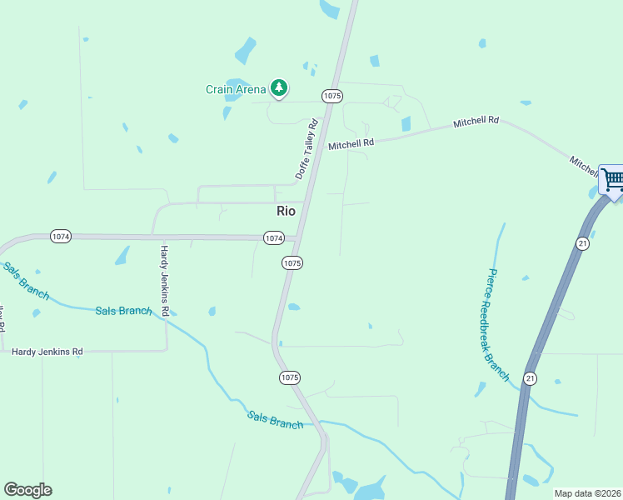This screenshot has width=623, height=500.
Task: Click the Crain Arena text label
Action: pyautogui.click(x=236, y=89)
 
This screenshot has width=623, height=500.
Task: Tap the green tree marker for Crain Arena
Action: pyautogui.click(x=279, y=87)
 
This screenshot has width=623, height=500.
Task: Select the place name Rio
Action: pyautogui.click(x=286, y=211)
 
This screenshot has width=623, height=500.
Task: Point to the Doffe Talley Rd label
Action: pyautogui.click(x=307, y=149)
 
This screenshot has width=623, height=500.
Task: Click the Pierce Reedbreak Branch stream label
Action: pyautogui.click(x=498, y=324)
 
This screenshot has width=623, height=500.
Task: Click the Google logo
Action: pyautogui.click(x=27, y=490)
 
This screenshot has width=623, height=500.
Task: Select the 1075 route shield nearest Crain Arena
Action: pyautogui.click(x=331, y=97)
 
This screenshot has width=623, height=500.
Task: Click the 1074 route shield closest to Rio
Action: pyautogui.click(x=274, y=238)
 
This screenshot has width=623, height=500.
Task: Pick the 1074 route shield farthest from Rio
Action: pyautogui.click(x=60, y=237)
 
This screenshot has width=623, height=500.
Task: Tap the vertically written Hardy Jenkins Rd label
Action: pyautogui.click(x=165, y=281)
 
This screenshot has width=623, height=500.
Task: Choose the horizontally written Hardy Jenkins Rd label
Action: pyautogui.click(x=47, y=352)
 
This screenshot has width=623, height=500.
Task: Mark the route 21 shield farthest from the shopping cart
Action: pyautogui.click(x=530, y=378)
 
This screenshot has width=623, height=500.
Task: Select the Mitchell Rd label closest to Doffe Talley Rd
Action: pyautogui.click(x=351, y=144)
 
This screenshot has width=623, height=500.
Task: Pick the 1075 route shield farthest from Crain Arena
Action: pyautogui.click(x=288, y=377)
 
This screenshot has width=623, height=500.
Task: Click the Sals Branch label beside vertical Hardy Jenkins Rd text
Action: pyautogui.click(x=123, y=311)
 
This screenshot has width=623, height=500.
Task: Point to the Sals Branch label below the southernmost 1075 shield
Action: pyautogui.click(x=275, y=419)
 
